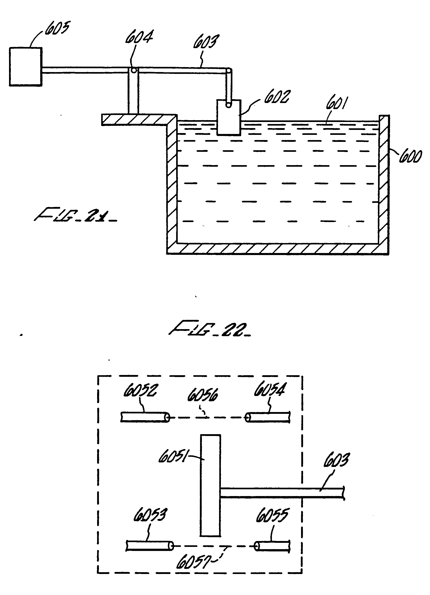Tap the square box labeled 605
click(26, 67)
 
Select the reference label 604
click(139, 37)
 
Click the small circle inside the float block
click(229, 105)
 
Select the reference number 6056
click(202, 395)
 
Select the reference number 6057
click(193, 562)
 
